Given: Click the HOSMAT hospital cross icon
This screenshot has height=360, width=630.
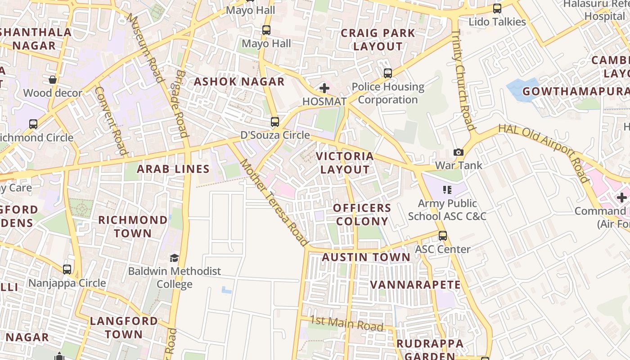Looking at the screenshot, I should (x=324, y=88).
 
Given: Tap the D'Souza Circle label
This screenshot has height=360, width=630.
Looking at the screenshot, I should (x=275, y=135).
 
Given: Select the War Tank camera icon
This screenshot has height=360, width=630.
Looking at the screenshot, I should (x=458, y=153).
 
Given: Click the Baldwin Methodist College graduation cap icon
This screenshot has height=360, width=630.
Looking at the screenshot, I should (x=174, y=258).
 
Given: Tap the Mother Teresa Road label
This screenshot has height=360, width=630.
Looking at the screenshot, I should (x=274, y=202).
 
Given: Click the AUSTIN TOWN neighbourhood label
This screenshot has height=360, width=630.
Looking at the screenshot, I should (x=366, y=257).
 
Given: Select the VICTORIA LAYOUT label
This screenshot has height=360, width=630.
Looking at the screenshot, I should (x=345, y=163).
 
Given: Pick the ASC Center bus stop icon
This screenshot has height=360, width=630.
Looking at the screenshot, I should (x=443, y=236).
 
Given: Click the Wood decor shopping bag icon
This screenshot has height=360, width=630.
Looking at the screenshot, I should (x=53, y=80).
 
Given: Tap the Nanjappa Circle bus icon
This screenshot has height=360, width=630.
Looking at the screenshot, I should (x=67, y=270).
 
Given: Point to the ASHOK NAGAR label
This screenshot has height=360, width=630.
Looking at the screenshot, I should (x=239, y=82).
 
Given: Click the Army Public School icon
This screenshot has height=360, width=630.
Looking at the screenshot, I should (x=447, y=190).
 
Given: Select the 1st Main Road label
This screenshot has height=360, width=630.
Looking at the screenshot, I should (x=346, y=323).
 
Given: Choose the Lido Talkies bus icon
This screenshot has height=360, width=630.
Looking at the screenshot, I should (x=497, y=9).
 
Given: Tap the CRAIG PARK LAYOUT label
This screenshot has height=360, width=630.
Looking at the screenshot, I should (x=378, y=40).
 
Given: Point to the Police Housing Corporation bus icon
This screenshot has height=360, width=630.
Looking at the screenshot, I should (x=388, y=73).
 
